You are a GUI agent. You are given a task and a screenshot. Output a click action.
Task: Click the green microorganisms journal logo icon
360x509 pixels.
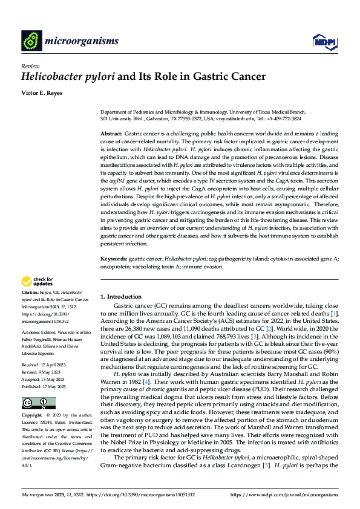click(31, 41)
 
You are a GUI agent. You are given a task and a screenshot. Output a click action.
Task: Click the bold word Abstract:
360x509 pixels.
click(111, 132)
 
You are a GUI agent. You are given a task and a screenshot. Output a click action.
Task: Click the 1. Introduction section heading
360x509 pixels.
click(120, 297)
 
